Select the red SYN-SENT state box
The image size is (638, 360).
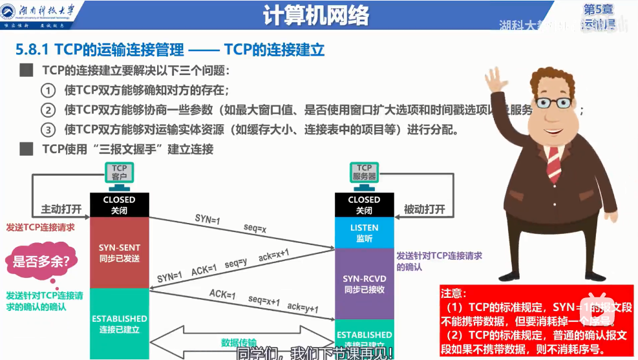tap(120, 253)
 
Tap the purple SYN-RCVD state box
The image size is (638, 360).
tap(364, 284)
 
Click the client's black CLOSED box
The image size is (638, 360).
tap(120, 205)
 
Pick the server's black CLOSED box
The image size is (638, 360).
tap(364, 205)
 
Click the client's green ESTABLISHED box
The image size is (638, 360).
tap(120, 324)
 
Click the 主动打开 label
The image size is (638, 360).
tap(61, 209)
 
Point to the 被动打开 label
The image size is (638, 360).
tap(425, 209)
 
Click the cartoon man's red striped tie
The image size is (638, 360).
tap(554, 162)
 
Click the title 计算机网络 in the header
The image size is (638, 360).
tap(317, 16)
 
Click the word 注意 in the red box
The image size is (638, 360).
tap(452, 293)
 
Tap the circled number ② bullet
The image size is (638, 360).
tap(48, 110)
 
